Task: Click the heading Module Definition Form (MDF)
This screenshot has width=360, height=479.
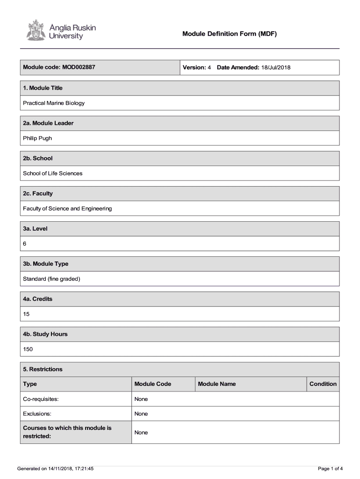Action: pyautogui.click(x=230, y=34)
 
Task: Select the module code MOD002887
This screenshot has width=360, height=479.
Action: pyautogui.click(x=78, y=67)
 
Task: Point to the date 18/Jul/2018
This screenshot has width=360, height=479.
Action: pyautogui.click(x=276, y=67)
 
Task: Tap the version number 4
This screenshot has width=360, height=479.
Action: pyautogui.click(x=209, y=67)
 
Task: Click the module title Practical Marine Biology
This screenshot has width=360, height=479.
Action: pyautogui.click(x=54, y=103)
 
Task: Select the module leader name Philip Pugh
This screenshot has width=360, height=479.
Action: pyautogui.click(x=37, y=138)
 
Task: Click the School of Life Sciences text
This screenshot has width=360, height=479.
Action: pyautogui.click(x=52, y=173)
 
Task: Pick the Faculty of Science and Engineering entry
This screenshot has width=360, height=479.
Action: pyautogui.click(x=67, y=208)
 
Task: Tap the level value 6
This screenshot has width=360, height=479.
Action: pyautogui.click(x=25, y=244)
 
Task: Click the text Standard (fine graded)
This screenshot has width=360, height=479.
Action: pyautogui.click(x=51, y=279)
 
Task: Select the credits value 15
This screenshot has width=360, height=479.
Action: pyautogui.click(x=26, y=314)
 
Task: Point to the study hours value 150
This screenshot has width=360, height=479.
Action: pyautogui.click(x=28, y=349)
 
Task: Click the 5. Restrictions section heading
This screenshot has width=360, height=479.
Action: pyautogui.click(x=43, y=369)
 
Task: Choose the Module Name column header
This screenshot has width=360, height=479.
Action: pyautogui.click(x=216, y=384)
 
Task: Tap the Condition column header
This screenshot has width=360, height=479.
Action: pyautogui.click(x=323, y=384)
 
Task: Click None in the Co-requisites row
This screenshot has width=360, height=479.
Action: pyautogui.click(x=141, y=399)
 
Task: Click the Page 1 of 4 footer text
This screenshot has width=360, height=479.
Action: pyautogui.click(x=330, y=468)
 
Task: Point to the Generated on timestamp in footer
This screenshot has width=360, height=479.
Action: pyautogui.click(x=55, y=468)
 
